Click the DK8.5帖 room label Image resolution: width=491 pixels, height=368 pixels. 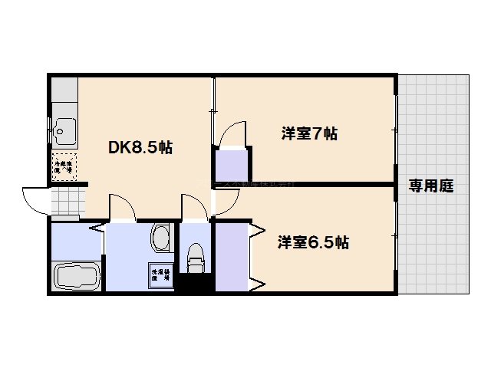coord(139,148)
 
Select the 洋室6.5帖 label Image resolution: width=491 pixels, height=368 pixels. coord(313,243)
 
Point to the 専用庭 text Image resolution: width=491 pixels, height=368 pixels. coord(430,185)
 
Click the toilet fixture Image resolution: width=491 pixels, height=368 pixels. coord(195,257)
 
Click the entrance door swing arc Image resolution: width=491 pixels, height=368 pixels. coord(35,202)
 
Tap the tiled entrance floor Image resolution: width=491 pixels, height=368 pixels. coord(67,202)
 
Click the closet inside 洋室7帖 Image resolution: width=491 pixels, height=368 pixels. coord(231,166)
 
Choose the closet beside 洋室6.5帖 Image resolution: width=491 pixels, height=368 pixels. coord(232,256)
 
